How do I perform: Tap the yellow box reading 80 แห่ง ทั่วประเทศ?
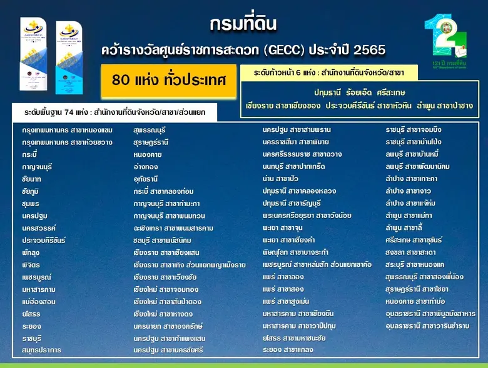(168, 81)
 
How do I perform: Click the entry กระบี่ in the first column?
(30, 154)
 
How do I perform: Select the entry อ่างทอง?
(146, 167)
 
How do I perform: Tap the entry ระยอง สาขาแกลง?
(288, 350)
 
